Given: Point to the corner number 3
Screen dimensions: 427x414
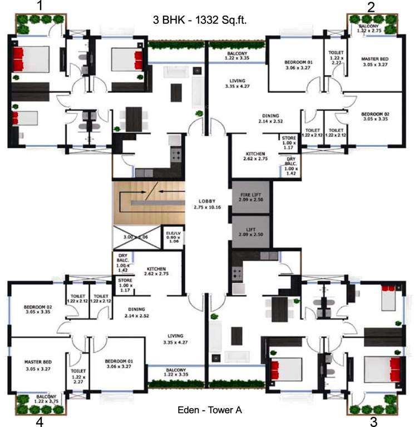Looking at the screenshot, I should pyautogui.click(x=373, y=421).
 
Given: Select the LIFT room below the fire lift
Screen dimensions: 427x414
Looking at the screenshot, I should pyautogui.click(x=250, y=233).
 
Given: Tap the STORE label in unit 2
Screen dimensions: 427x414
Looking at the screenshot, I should pyautogui.click(x=288, y=142).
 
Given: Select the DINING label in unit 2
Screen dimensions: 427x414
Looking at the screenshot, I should pyautogui.click(x=272, y=117).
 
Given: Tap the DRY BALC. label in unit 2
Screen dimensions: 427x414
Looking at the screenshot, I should pyautogui.click(x=290, y=165).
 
